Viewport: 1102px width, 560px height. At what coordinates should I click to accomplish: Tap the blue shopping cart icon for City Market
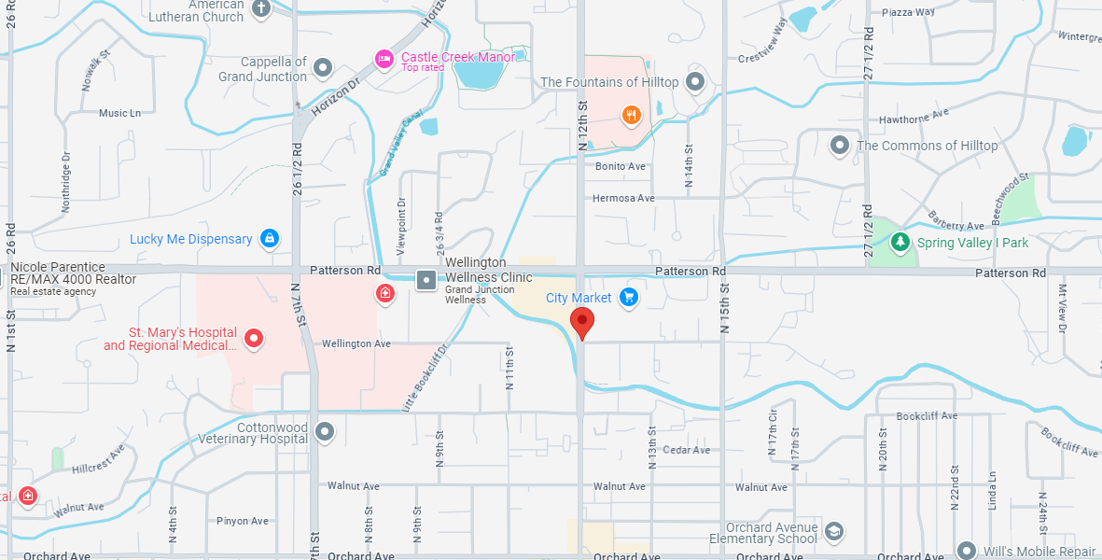(x=628, y=298)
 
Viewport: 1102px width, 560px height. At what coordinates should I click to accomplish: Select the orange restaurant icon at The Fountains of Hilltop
(x=632, y=116)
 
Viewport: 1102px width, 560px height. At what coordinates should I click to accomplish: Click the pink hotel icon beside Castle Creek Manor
(x=384, y=59)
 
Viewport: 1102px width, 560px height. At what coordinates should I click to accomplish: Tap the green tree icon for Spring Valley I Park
(x=900, y=243)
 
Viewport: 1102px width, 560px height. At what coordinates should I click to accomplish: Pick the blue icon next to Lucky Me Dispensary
(x=270, y=239)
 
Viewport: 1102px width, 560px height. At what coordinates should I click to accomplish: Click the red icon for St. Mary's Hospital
(x=253, y=338)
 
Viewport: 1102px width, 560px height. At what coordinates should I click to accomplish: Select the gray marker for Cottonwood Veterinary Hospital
(x=325, y=431)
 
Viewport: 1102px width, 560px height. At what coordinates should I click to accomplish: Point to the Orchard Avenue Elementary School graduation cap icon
(x=834, y=532)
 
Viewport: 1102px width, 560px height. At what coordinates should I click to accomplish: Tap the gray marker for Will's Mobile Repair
(x=966, y=551)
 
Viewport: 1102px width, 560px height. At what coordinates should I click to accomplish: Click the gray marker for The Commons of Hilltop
(x=840, y=146)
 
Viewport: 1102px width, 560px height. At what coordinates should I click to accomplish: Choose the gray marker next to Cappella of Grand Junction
(x=323, y=67)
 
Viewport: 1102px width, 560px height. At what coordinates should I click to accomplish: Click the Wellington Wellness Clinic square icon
(x=425, y=279)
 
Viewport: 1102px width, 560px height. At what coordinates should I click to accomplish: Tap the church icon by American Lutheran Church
(x=261, y=8)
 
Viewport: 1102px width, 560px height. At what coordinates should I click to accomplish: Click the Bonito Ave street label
(x=621, y=166)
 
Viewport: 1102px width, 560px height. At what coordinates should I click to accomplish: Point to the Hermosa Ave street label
(x=623, y=198)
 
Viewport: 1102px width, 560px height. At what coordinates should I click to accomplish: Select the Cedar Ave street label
(x=686, y=450)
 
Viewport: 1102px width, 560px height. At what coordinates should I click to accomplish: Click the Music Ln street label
(x=119, y=113)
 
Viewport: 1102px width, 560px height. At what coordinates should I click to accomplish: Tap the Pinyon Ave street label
(x=242, y=521)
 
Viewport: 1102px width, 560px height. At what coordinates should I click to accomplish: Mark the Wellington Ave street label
(x=356, y=343)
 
